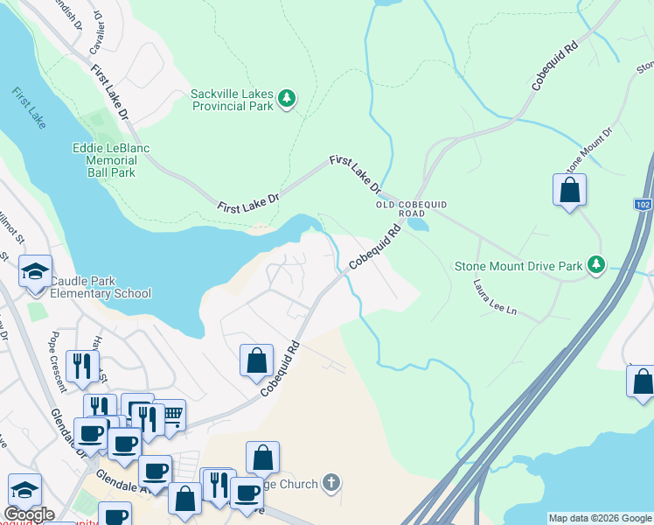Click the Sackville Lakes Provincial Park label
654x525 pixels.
[233, 100]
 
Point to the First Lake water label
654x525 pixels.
[29, 108]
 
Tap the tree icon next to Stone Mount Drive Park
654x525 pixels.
[596, 263]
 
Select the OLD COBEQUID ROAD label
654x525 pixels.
[412, 208]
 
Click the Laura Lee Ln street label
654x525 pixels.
[495, 298]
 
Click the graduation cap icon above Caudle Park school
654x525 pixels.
[35, 272]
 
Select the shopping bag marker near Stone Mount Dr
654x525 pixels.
[569, 191]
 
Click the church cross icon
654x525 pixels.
[330, 482]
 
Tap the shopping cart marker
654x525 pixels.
[171, 416]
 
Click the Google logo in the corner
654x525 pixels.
[29, 514]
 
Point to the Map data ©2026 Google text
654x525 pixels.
[599, 518]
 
